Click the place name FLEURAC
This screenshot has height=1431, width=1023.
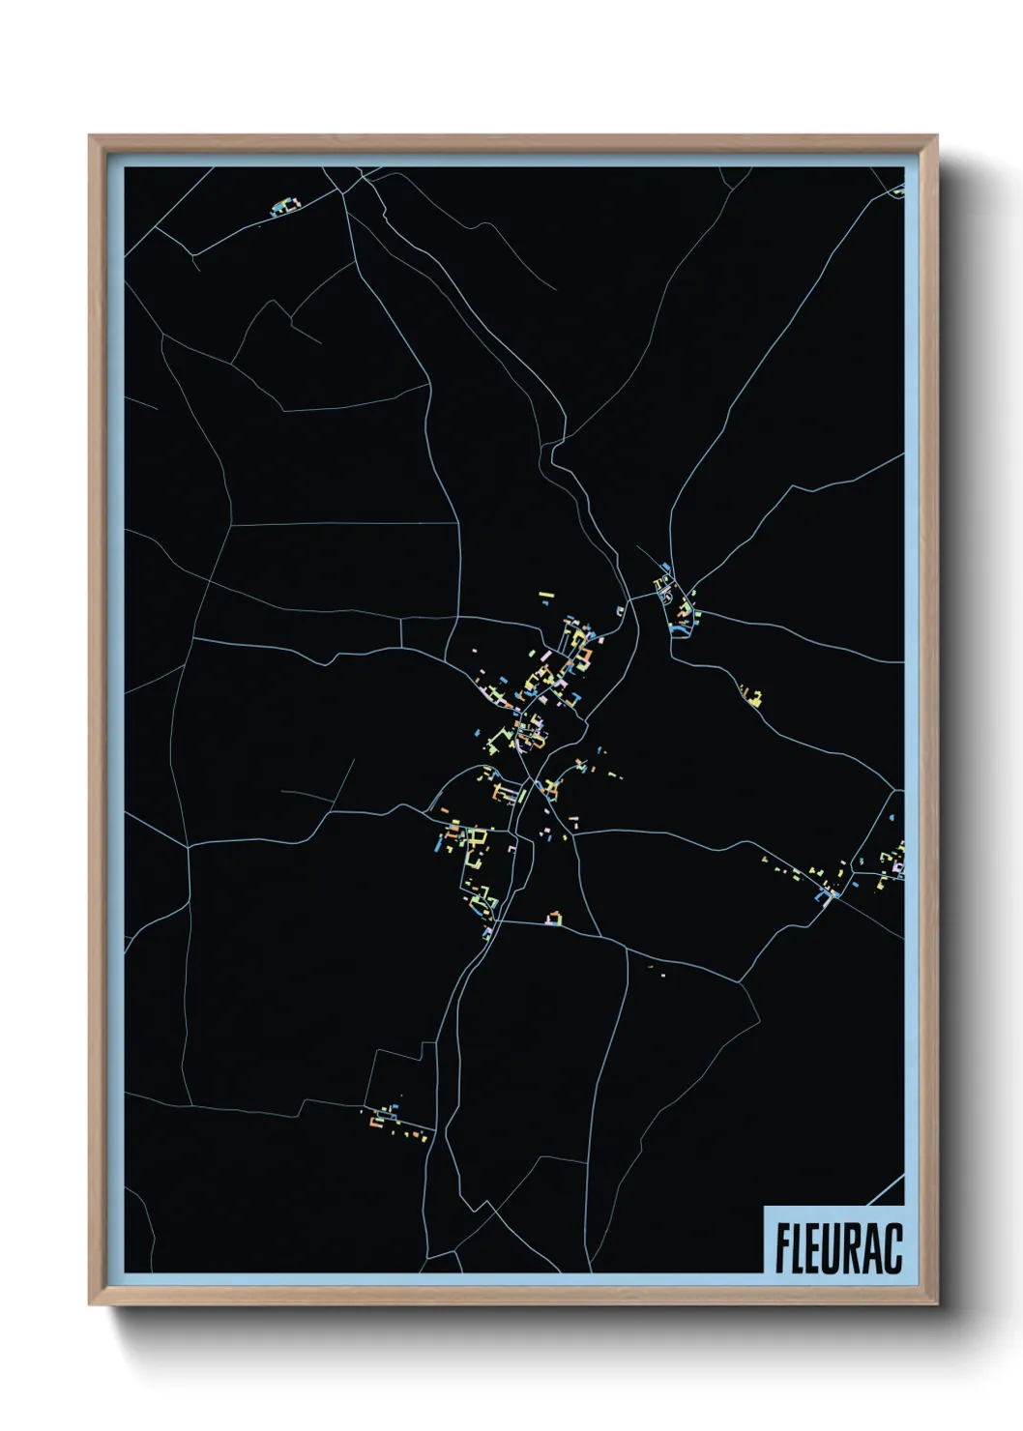pyautogui.click(x=837, y=1248)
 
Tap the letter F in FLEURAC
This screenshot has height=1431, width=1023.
pyautogui.click(x=783, y=1248)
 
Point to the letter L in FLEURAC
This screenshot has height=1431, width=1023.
pyautogui.click(x=801, y=1248)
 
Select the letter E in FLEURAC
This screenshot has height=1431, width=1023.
pyautogui.click(x=817, y=1248)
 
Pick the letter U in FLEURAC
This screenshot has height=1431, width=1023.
pyautogui.click(x=835, y=1248)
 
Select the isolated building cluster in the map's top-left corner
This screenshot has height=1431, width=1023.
pyautogui.click(x=284, y=206)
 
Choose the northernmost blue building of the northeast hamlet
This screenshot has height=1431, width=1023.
pyautogui.click(x=666, y=567)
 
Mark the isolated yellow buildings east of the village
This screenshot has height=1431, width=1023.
pyautogui.click(x=751, y=695)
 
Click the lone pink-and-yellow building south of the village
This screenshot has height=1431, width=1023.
pyautogui.click(x=555, y=916)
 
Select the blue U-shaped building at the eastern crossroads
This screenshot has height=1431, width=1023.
pyautogui.click(x=828, y=894)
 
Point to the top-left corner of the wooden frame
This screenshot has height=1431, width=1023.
pyautogui.click(x=91, y=137)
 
